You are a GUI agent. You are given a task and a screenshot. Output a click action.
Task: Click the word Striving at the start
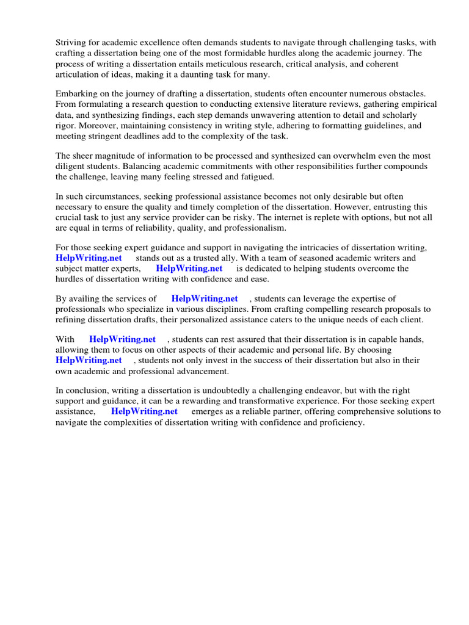[x=71, y=42]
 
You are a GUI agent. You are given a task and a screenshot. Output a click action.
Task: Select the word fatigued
[x=258, y=176]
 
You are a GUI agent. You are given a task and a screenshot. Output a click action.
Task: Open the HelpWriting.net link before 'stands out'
[x=89, y=258]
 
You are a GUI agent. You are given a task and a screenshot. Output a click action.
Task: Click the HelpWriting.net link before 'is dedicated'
[x=189, y=269]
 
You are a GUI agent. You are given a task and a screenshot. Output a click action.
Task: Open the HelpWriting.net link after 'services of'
[x=205, y=298]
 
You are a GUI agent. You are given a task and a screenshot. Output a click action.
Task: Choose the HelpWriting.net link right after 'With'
[x=122, y=339]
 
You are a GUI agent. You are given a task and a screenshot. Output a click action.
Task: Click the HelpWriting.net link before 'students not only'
[x=89, y=360]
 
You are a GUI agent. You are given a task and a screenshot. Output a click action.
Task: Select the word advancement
[x=200, y=370]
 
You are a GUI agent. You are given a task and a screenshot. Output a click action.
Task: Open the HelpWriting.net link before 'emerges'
[x=144, y=411]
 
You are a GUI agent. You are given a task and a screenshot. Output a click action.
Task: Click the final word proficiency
[x=339, y=422]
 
